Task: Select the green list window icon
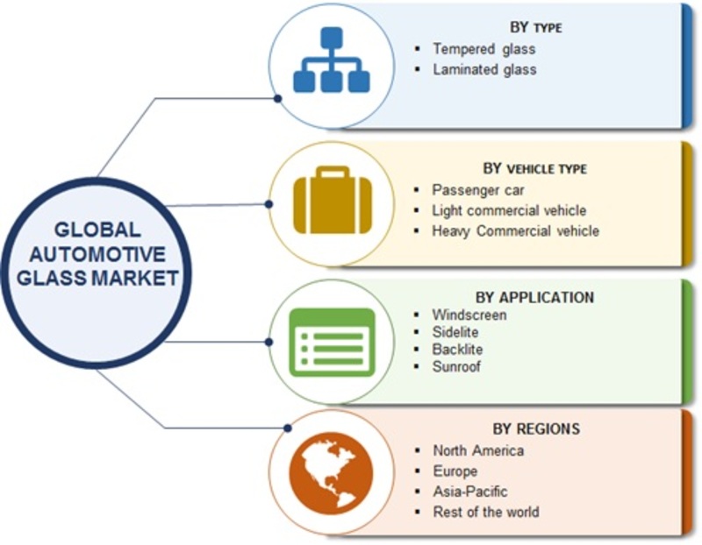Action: click(x=332, y=343)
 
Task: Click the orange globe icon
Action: click(x=332, y=474)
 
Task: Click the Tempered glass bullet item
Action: click(x=484, y=49)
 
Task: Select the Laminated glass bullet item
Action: click(x=484, y=69)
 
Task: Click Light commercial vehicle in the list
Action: click(x=509, y=210)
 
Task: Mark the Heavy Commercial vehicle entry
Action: click(x=515, y=231)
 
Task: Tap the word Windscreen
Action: click(x=469, y=315)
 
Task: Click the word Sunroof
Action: click(x=456, y=367)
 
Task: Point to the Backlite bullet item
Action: click(x=458, y=350)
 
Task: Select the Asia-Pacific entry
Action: click(x=469, y=492)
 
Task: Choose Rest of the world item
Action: click(x=485, y=512)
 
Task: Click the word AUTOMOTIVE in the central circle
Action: click(x=97, y=255)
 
